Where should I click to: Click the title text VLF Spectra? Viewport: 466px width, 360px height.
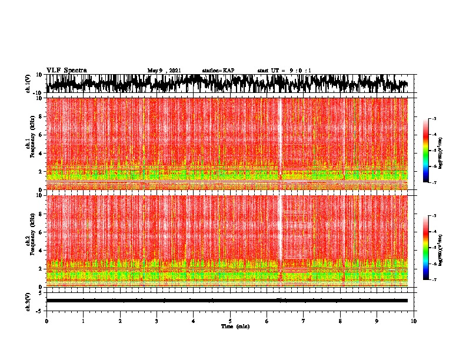coord(66,70)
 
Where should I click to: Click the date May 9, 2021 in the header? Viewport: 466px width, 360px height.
coord(164,71)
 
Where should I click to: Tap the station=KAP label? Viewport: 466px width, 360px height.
coord(218,71)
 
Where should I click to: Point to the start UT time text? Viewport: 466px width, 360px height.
coord(284,71)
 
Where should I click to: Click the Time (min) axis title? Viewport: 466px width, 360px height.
coord(235,326)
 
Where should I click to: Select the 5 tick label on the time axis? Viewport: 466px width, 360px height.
coord(230,321)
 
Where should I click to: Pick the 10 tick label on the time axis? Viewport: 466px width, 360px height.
coord(414,321)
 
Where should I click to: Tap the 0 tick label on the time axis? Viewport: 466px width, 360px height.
coord(46,321)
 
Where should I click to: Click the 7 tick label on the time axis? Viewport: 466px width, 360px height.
coord(304,321)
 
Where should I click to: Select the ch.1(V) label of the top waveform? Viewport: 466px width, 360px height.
coord(29,84)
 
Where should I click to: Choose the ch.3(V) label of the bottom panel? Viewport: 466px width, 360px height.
coord(29,300)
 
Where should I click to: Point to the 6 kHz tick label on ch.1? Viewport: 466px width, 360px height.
coord(40,135)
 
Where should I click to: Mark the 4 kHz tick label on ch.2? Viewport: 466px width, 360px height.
coord(40,250)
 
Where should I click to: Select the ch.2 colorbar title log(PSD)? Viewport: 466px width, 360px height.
coord(441,248)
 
